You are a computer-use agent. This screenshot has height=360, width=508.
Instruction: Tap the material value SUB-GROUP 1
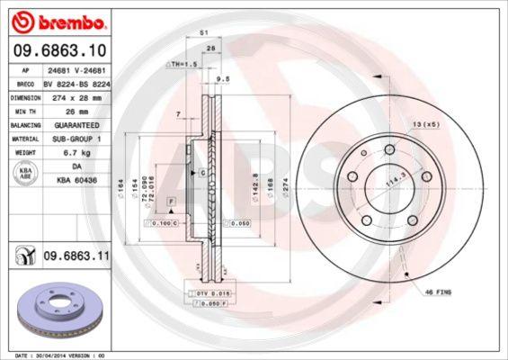click(75, 139)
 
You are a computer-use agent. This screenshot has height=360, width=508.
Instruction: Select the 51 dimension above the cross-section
click(204, 32)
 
